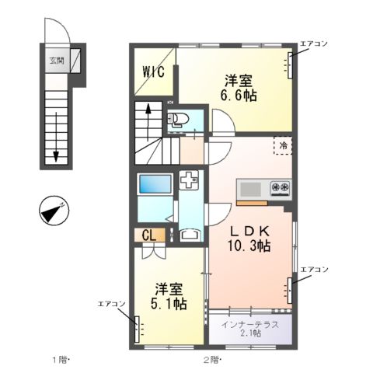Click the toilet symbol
177,119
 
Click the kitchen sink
252,189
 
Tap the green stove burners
280,188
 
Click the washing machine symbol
189,180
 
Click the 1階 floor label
61,360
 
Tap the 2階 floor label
212,360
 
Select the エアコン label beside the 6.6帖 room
315,45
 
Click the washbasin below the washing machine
189,233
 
